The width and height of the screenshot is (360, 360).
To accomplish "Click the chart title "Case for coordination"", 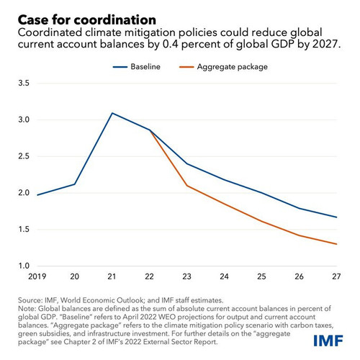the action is [x=87, y=20].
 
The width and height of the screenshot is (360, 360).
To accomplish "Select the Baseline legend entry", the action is [x=137, y=67].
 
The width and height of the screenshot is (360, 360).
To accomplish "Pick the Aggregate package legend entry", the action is [x=223, y=67].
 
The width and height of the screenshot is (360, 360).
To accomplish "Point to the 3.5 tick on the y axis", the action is [x=24, y=83].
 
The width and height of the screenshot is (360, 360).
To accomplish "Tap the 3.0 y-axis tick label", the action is [x=24, y=120].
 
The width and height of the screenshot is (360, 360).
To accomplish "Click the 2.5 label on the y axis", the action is [x=24, y=156].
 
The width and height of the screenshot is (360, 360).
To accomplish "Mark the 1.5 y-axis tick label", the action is [x=24, y=229].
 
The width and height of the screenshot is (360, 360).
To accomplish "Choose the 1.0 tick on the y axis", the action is [x=24, y=266].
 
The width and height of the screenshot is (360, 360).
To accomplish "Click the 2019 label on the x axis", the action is [x=37, y=276].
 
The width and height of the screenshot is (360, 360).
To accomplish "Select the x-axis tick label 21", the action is [x=112, y=276].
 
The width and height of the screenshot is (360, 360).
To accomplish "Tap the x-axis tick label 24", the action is [x=224, y=276].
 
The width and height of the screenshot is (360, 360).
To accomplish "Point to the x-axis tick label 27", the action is [x=336, y=276].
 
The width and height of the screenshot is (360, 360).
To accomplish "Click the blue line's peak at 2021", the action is [x=112, y=113].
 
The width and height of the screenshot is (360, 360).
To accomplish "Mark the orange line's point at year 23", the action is [x=186, y=186].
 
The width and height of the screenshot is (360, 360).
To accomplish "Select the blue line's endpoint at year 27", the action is [x=336, y=217].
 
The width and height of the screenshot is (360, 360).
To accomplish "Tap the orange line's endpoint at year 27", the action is [x=336, y=244].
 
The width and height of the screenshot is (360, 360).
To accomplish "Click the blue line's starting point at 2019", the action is [x=37, y=195].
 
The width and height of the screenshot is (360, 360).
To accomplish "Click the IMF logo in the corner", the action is [x=328, y=341].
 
